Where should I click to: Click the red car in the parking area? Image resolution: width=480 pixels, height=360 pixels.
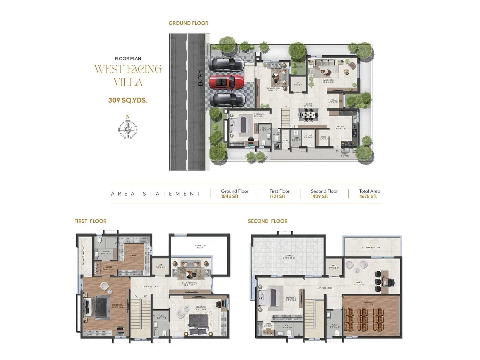coord(226,82)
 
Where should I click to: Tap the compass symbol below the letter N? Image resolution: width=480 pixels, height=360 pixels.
coord(128,130)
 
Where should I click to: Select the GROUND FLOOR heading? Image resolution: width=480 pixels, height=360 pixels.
coord(188,23)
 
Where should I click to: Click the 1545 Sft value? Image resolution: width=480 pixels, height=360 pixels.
coord(229,196)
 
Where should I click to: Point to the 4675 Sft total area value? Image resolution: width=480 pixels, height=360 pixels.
coord(368,196)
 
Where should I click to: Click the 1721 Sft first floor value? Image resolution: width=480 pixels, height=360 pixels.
coord(277,196)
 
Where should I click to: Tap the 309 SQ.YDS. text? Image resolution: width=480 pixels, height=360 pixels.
coord(128,100)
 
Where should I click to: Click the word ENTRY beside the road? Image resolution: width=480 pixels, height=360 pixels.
coord(201,78)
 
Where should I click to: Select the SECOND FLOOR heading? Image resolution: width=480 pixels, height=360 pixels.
coord(268,221)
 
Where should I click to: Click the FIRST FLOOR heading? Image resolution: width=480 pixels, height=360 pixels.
coord(90,221)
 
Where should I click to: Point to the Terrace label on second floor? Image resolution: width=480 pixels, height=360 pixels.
coord(289,256)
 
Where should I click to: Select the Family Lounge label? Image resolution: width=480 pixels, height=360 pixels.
coord(189,283)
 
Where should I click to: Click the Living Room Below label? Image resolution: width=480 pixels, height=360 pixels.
coord(200,247)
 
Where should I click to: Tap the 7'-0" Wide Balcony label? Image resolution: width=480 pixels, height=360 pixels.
coord(371,247)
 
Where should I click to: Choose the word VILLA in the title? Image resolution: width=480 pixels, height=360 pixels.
coord(128,82)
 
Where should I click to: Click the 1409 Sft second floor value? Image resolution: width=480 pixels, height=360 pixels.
coord(319,196)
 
